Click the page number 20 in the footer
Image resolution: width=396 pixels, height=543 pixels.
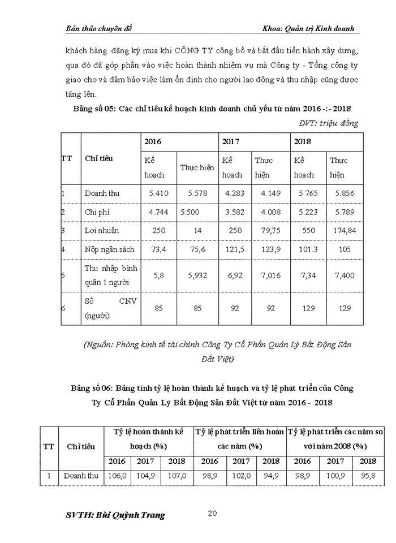[213, 514]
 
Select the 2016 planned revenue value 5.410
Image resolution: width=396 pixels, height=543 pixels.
[158, 193]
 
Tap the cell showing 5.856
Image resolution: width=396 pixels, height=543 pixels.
[344, 193]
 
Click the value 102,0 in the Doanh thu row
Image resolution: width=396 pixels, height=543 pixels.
[241, 476]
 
